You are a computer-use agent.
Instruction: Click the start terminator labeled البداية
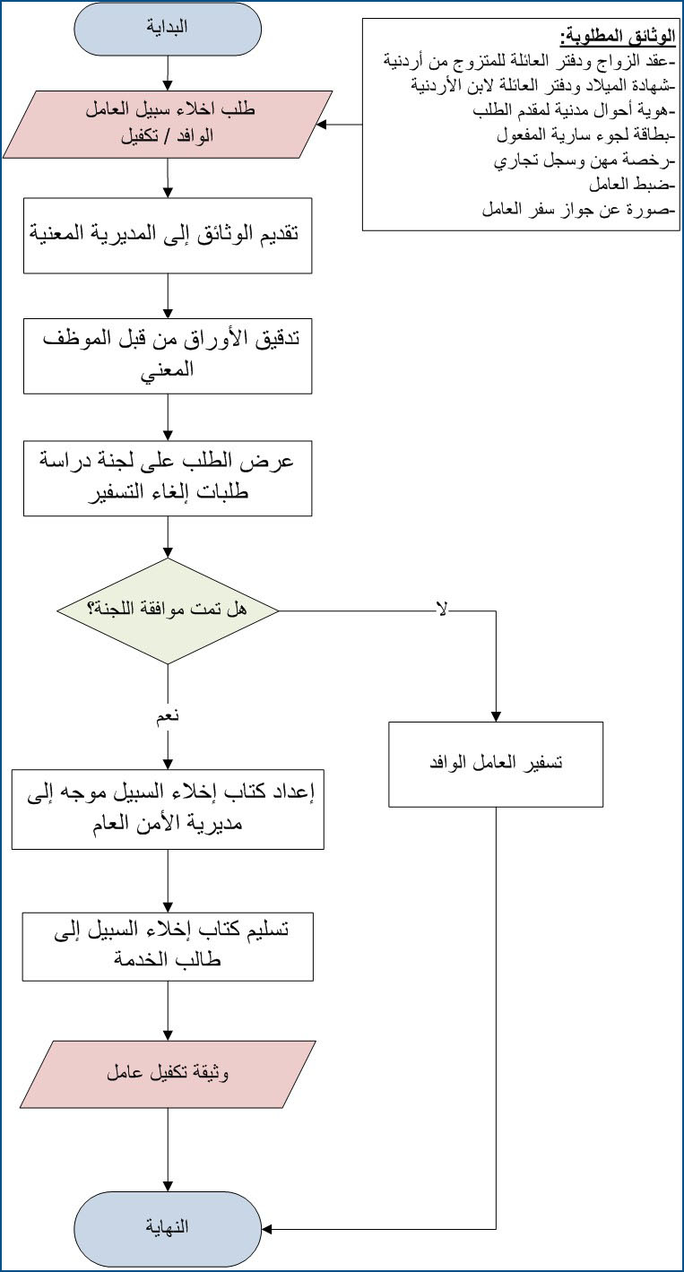click(168, 29)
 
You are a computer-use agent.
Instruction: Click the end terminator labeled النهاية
click(168, 1227)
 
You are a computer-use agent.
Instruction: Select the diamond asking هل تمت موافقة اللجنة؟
click(168, 611)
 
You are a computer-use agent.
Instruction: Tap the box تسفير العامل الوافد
click(496, 765)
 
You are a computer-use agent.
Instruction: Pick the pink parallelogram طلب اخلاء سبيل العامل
click(168, 125)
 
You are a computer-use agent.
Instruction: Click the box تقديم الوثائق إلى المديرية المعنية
click(168, 236)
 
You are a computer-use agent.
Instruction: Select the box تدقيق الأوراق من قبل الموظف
click(168, 356)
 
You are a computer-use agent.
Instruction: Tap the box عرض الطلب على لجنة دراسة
click(168, 478)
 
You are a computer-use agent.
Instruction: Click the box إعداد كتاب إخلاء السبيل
click(168, 809)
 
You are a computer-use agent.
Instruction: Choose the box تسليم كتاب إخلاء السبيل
click(168, 947)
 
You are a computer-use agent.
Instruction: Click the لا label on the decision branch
click(442, 610)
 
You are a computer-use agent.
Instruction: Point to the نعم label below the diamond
click(168, 716)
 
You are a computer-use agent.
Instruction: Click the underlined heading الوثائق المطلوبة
click(618, 38)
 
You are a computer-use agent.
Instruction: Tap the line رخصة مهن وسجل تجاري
click(584, 160)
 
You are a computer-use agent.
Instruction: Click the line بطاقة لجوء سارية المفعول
click(586, 135)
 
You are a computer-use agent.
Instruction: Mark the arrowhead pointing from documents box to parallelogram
click(321, 125)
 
